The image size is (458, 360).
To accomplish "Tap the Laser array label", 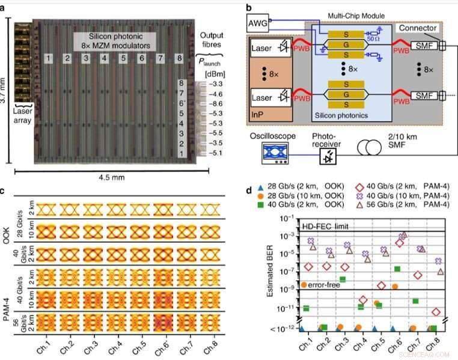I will click(x=23, y=124).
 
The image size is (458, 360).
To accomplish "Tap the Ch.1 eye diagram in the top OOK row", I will click(x=48, y=210).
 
